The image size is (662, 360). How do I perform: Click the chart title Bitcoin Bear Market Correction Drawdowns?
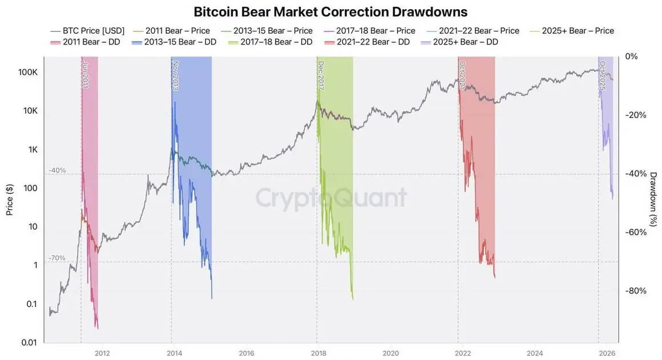point(331,11)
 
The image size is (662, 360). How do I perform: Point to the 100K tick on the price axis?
point(28,72)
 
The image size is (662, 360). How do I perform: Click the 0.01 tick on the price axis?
point(28,342)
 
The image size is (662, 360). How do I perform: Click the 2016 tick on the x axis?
point(246,353)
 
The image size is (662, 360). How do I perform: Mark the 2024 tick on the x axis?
point(535,353)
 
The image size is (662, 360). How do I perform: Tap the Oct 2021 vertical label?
point(462,74)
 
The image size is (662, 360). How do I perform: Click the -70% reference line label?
point(57,258)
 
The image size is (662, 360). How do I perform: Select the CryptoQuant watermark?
point(331,198)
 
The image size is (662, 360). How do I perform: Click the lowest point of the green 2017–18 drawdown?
point(353,299)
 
